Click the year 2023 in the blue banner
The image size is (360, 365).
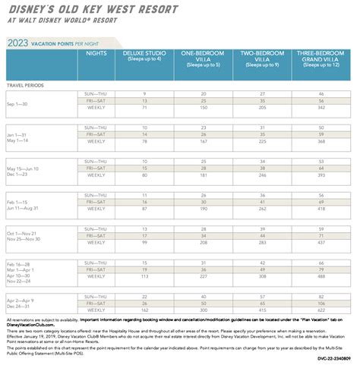[22, 43]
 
